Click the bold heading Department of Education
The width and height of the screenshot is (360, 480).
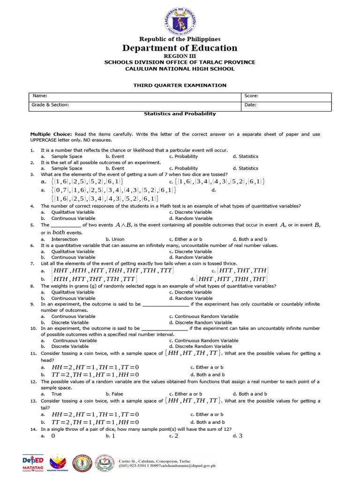180,48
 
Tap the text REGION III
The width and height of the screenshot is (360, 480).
180,56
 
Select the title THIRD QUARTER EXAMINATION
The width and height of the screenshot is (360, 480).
180,85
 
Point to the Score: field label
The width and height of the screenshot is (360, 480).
251,96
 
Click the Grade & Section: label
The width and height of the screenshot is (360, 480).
50,105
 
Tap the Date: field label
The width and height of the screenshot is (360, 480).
250,105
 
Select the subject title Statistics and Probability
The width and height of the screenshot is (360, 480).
180,113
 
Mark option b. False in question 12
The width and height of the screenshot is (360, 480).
114,394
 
